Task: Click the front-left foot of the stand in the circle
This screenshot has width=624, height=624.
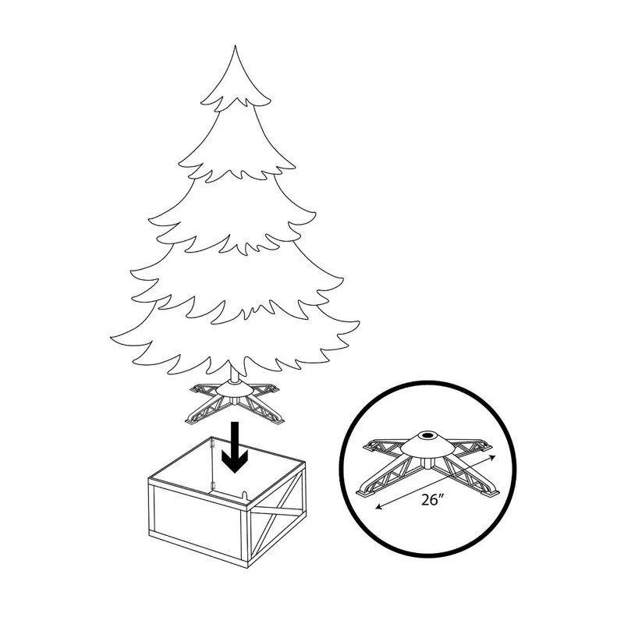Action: (365, 493)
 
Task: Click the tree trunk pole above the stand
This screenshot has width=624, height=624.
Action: (233, 380)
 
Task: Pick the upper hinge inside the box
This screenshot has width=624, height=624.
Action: (212, 443)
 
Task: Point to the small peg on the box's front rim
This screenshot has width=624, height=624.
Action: (243, 495)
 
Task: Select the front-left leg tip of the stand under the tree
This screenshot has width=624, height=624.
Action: (192, 419)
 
